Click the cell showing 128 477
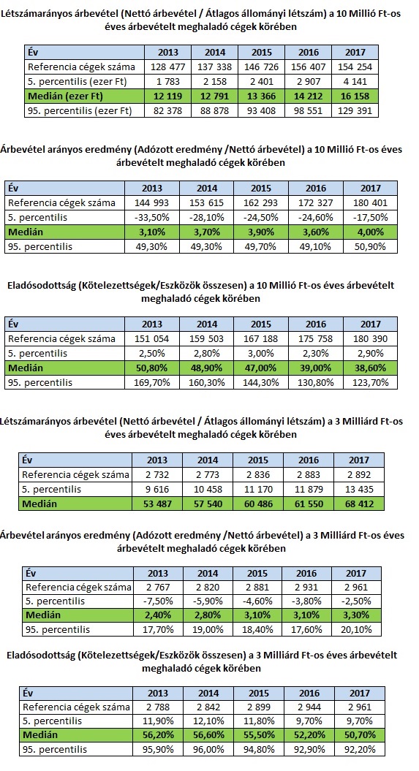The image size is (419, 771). pos(167,67)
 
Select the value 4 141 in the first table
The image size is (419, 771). pos(355,82)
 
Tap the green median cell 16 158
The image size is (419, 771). pos(355,96)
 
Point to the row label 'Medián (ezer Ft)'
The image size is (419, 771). pos(65,96)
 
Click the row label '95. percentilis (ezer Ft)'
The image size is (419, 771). pos(80,110)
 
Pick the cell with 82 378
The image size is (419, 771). pos(167,110)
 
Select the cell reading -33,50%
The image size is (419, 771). pos(151,217)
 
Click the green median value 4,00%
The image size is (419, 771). pos(370,232)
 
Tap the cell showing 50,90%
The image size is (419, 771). pos(370,246)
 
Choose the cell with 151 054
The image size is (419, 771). pos(151,339)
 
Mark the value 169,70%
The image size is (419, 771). pos(151,382)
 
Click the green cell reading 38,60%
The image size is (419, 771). pos(370,368)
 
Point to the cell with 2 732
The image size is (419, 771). pos(157,475)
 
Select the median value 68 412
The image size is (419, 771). pos(358,504)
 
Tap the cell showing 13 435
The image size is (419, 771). pos(358,489)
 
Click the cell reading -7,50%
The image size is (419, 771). pos(158,601)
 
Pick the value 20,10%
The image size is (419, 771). pos(356,630)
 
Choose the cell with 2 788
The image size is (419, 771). pos(158,707)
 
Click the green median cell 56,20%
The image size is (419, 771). pos(158,735)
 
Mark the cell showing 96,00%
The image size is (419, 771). pos(208,750)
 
